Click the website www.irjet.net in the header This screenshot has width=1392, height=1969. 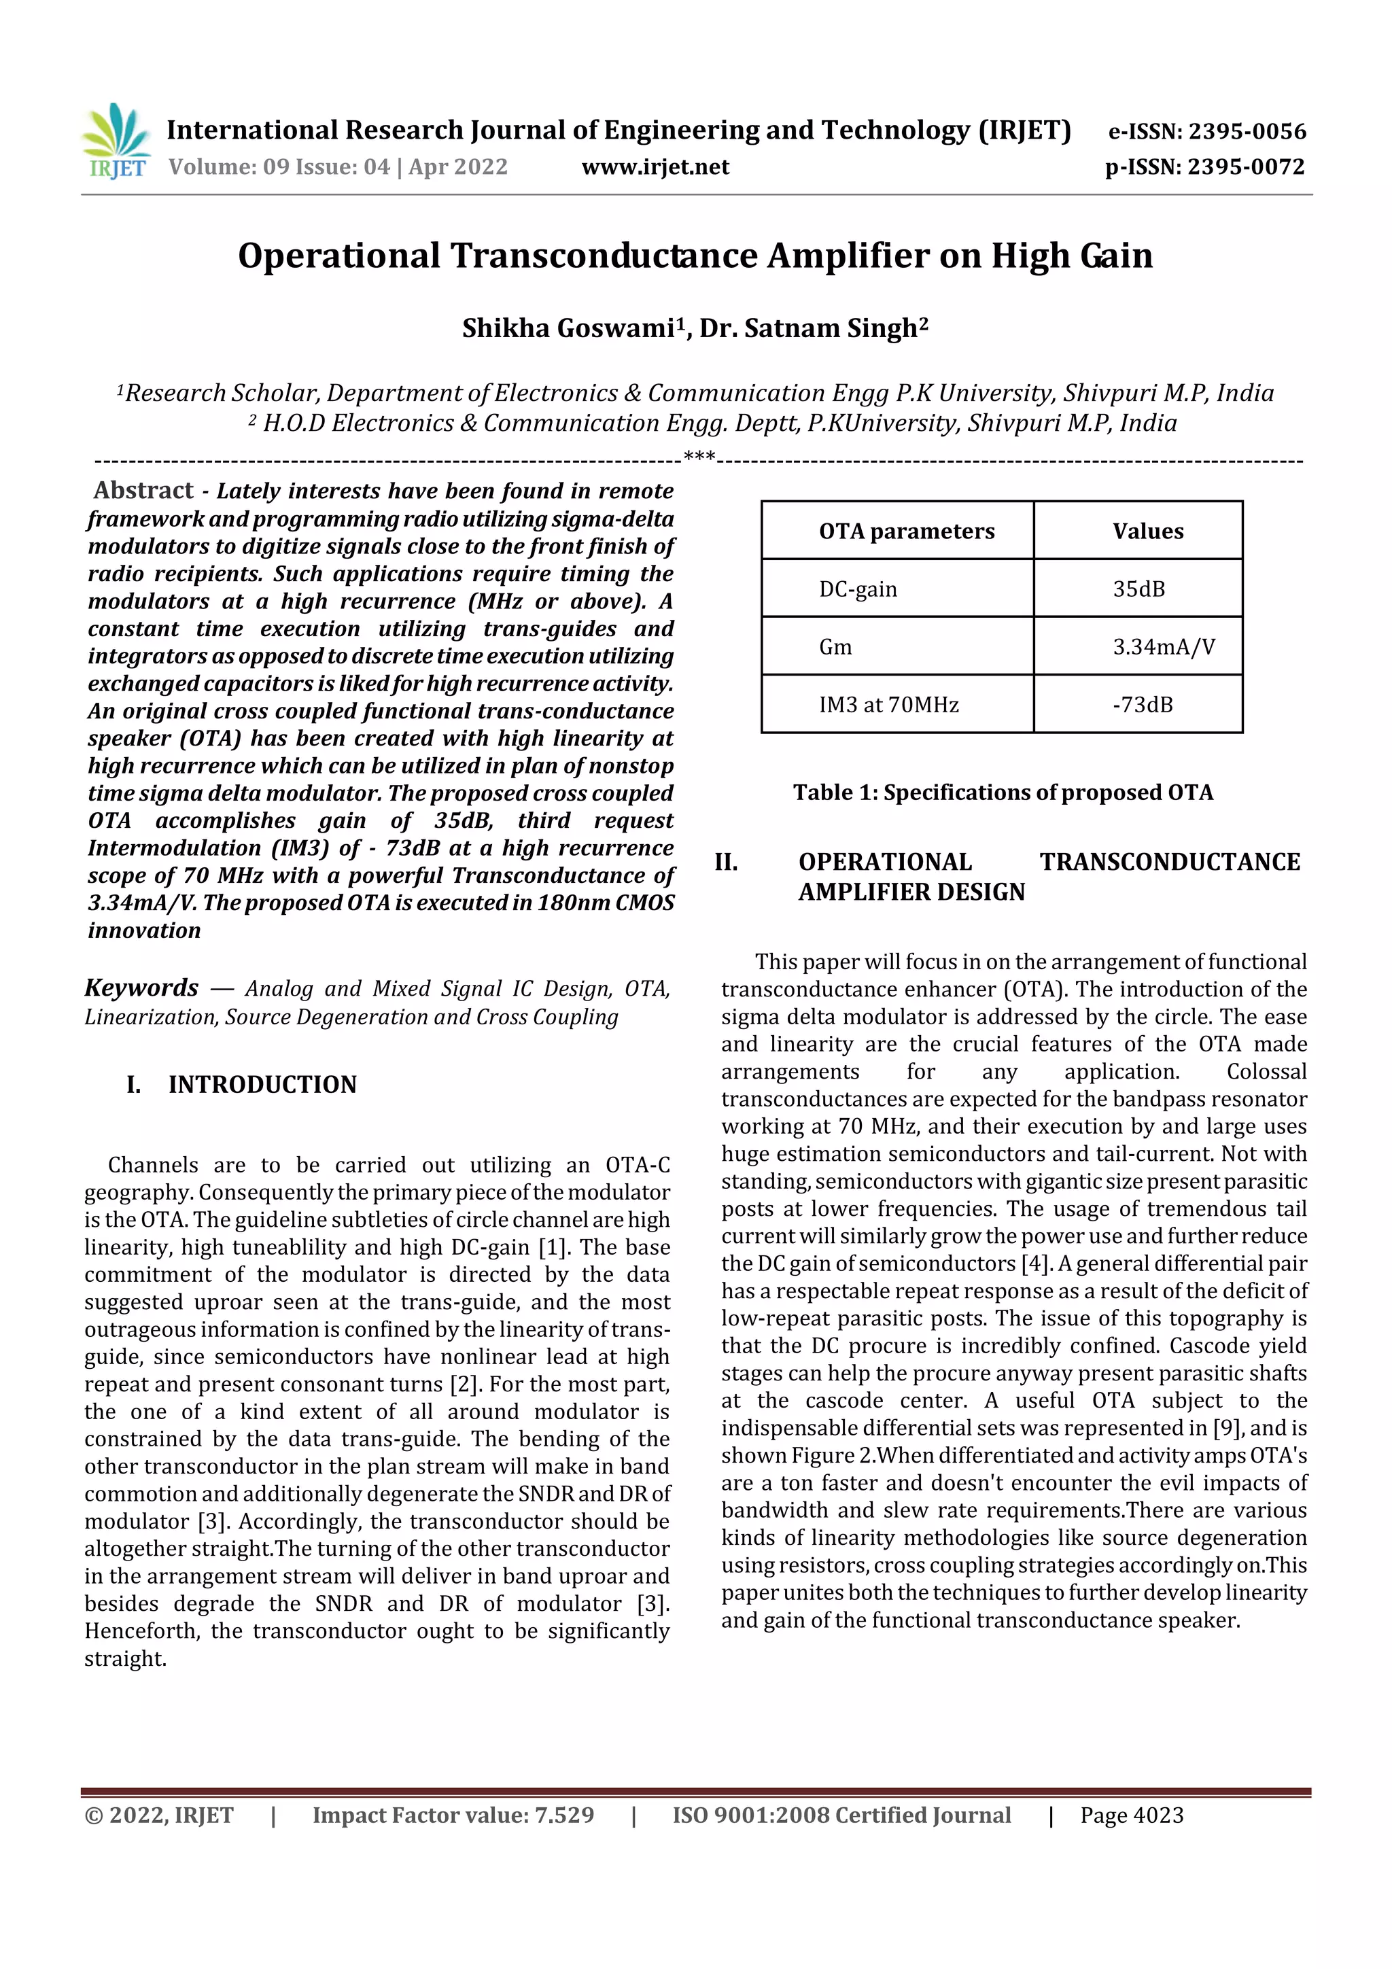click(655, 167)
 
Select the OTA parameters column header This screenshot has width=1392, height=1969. click(907, 531)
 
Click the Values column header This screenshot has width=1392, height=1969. click(1147, 531)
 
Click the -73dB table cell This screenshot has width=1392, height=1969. click(1142, 705)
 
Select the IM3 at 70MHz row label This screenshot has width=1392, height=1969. click(888, 705)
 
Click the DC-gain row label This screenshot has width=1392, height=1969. click(858, 589)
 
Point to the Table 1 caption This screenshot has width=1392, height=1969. click(1003, 792)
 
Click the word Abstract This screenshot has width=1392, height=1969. click(143, 491)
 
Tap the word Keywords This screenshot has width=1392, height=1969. click(141, 988)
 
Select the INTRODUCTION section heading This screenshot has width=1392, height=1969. click(262, 1085)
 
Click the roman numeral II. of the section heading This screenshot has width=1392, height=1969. click(726, 862)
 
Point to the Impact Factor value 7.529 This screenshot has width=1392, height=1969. click(453, 1815)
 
